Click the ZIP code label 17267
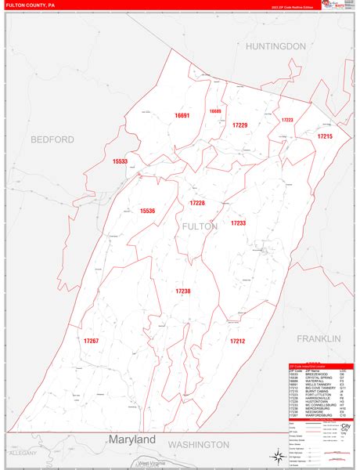[91, 341]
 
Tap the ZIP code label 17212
[238, 341]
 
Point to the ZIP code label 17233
[238, 223]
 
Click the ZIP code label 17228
[197, 203]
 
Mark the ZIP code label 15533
[120, 161]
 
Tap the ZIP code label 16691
[182, 115]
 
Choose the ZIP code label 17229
[239, 125]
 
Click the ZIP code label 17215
[325, 136]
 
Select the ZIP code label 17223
[287, 120]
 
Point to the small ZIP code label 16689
[215, 111]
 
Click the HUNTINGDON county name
[275, 47]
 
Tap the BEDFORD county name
[52, 139]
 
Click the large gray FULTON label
[200, 226]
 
